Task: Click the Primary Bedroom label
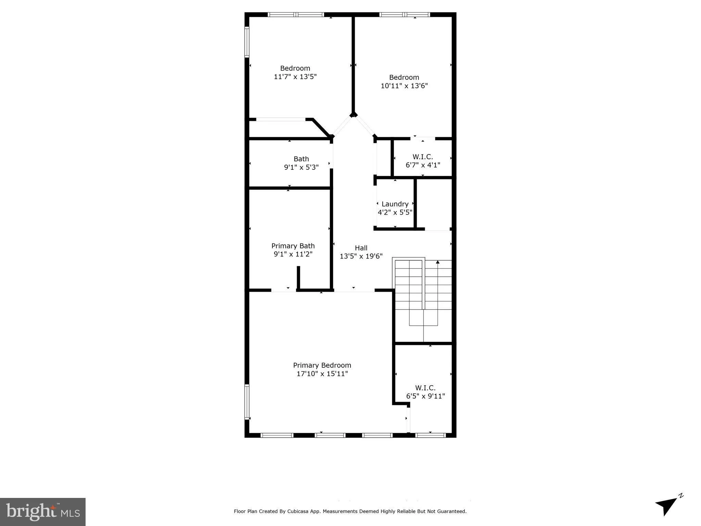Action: point(322,365)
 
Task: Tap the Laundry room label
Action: point(395,204)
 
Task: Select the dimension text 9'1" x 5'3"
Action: point(301,167)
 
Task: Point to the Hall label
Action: point(361,248)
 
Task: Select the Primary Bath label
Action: point(293,246)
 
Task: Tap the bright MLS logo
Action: point(43,512)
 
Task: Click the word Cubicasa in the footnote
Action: point(298,511)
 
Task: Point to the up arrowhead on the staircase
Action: point(437,262)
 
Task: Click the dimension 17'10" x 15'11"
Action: point(322,374)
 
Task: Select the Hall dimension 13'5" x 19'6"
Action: point(361,256)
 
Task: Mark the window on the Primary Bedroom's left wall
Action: point(247,402)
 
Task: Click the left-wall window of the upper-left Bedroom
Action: point(247,42)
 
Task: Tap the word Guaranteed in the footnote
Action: point(453,511)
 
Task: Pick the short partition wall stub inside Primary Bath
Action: point(298,277)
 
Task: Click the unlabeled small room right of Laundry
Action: point(434,204)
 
